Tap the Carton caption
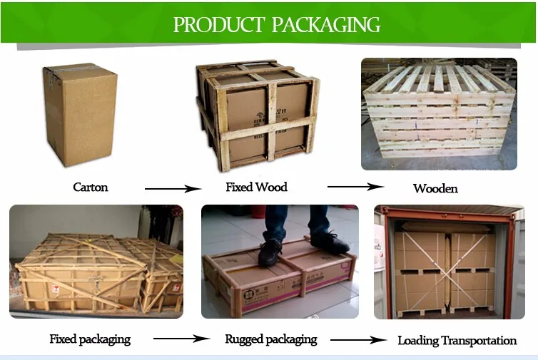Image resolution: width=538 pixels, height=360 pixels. coord(91,187)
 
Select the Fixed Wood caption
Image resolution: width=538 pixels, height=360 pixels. coord(256,187)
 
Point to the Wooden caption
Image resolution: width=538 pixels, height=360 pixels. coord(435,189)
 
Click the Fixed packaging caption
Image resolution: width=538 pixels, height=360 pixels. coord(90,339)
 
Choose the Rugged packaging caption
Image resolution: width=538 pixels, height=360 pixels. coord(271,339)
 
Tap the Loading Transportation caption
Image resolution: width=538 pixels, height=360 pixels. coord(457,341)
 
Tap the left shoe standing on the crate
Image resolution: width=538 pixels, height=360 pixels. coord(270,252)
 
